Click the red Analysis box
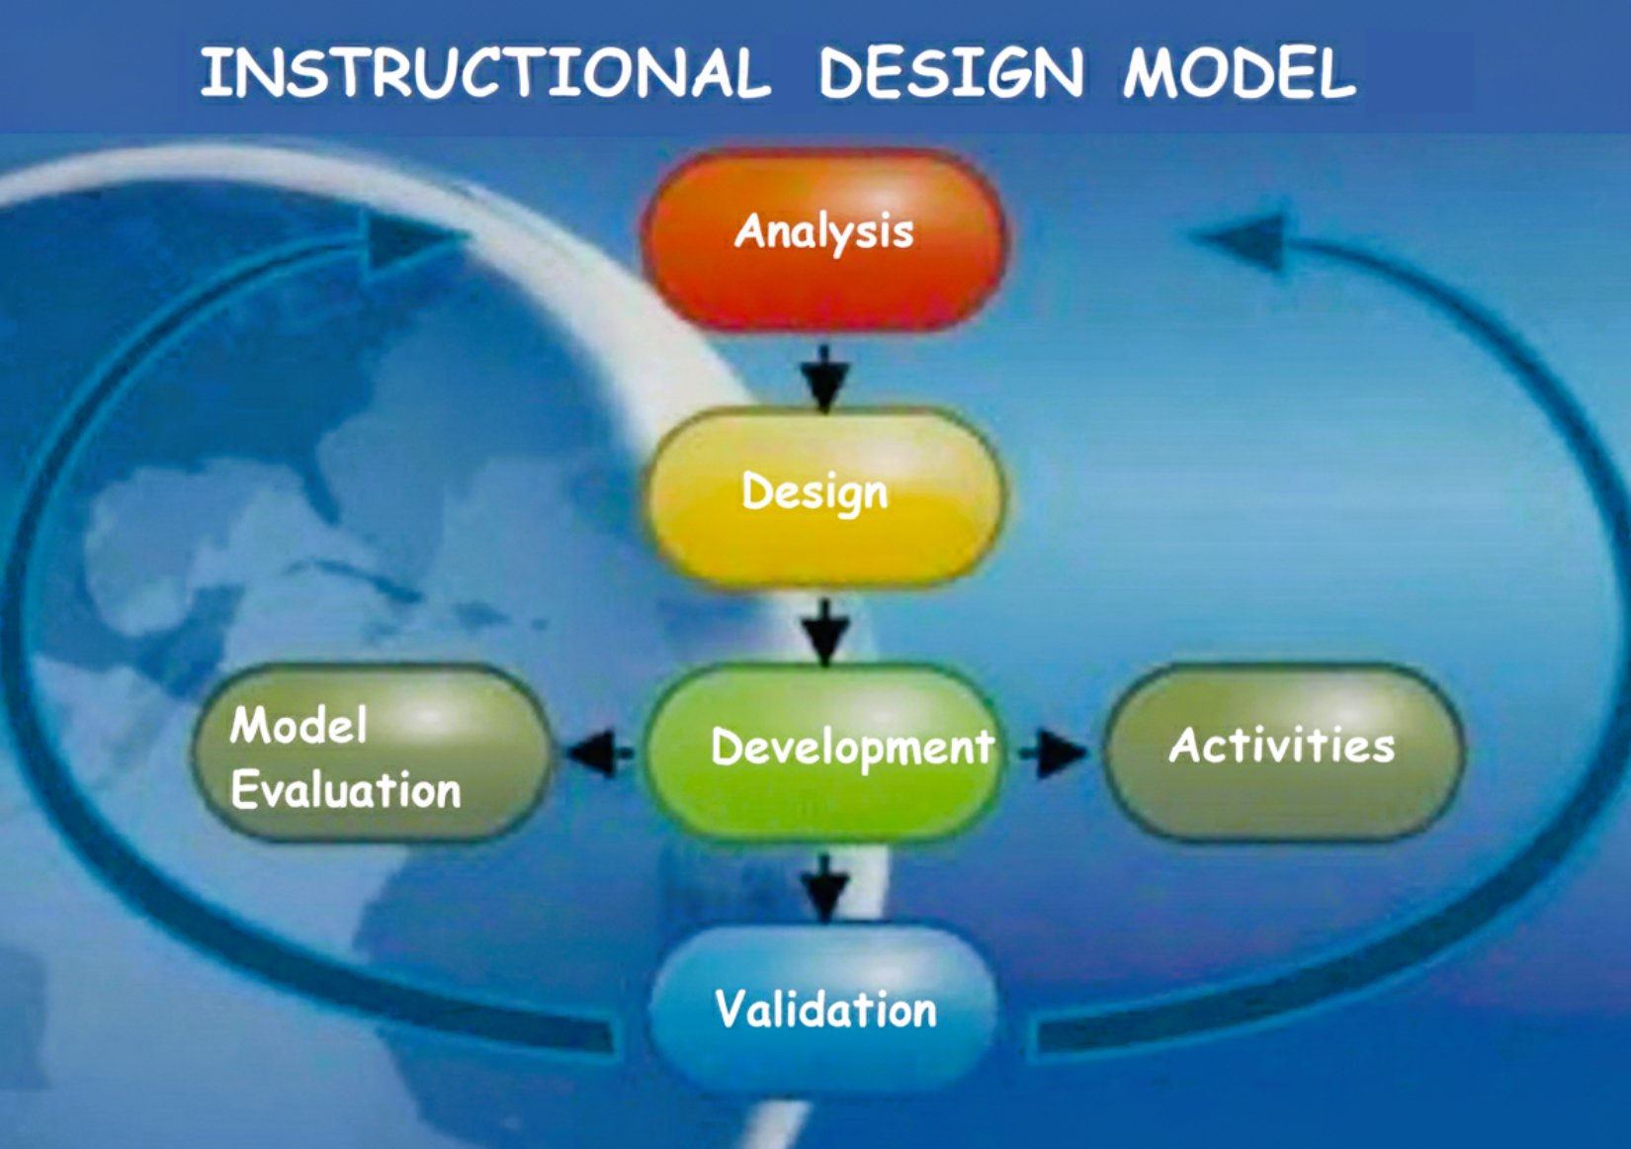[824, 240]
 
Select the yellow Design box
[824, 497]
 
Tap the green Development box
[821, 753]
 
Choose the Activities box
[1283, 752]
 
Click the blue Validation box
[822, 1010]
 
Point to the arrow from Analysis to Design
[825, 377]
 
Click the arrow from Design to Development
[825, 632]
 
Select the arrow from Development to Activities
[1053, 752]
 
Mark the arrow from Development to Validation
[825, 888]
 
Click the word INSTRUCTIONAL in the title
[485, 72]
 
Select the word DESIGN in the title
[951, 72]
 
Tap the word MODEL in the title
[1240, 72]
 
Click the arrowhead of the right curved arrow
[1238, 240]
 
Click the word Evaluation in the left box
[346, 789]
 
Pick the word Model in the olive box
[299, 725]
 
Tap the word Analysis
[824, 231]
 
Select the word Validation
[825, 1010]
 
